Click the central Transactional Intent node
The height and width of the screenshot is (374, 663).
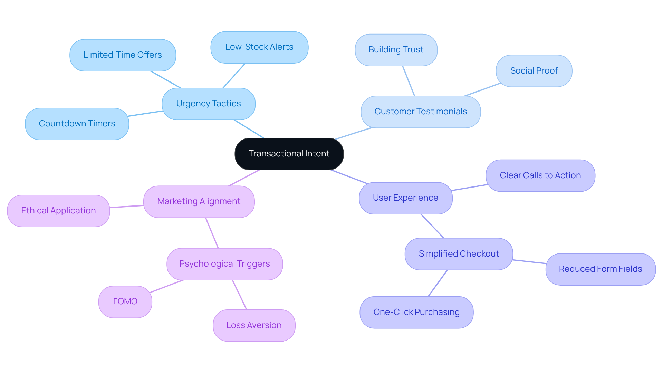289,154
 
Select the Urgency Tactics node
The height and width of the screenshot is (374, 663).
209,104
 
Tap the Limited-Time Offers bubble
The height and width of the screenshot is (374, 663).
123,55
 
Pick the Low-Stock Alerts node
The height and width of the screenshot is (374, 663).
259,47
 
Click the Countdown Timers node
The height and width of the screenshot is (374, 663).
77,124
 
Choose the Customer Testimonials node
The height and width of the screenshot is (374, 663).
421,112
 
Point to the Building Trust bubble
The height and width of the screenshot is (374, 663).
396,50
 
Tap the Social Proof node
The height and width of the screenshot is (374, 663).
534,71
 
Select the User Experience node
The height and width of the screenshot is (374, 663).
405,198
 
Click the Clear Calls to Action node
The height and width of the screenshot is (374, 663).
540,175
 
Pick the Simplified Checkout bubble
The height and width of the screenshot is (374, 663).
459,254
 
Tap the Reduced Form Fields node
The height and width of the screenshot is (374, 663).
600,269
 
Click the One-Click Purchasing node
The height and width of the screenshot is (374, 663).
416,312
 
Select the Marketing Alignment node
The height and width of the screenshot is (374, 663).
199,201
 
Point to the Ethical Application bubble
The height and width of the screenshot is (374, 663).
58,211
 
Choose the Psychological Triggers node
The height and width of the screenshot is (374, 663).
224,264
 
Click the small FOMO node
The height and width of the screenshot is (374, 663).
125,301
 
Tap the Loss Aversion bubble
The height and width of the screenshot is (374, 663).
254,325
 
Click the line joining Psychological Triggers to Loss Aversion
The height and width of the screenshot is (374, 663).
240,295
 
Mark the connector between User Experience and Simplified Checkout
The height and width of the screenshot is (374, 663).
432,226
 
